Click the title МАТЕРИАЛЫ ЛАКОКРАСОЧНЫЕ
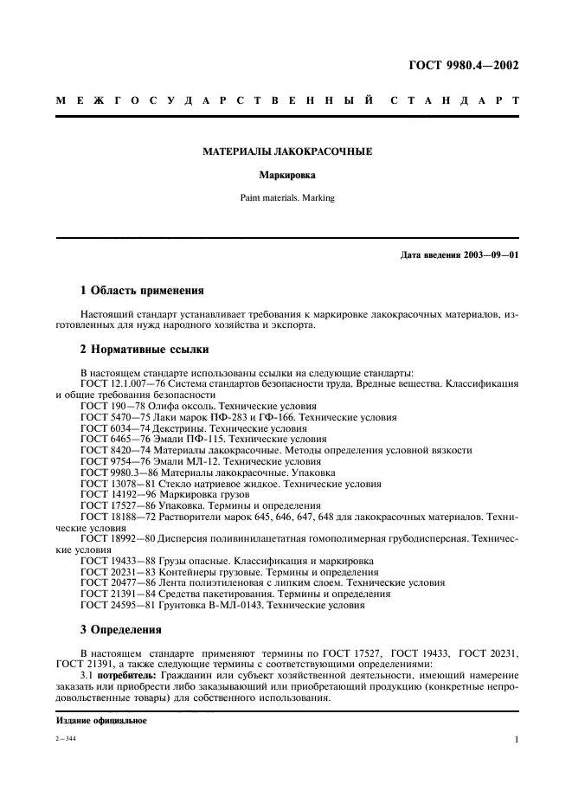pyautogui.click(x=287, y=151)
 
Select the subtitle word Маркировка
pyautogui.click(x=287, y=174)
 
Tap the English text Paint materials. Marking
pyautogui.click(x=287, y=197)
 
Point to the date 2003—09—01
pyautogui.click(x=485, y=255)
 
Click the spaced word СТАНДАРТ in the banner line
pyautogui.click(x=454, y=101)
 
